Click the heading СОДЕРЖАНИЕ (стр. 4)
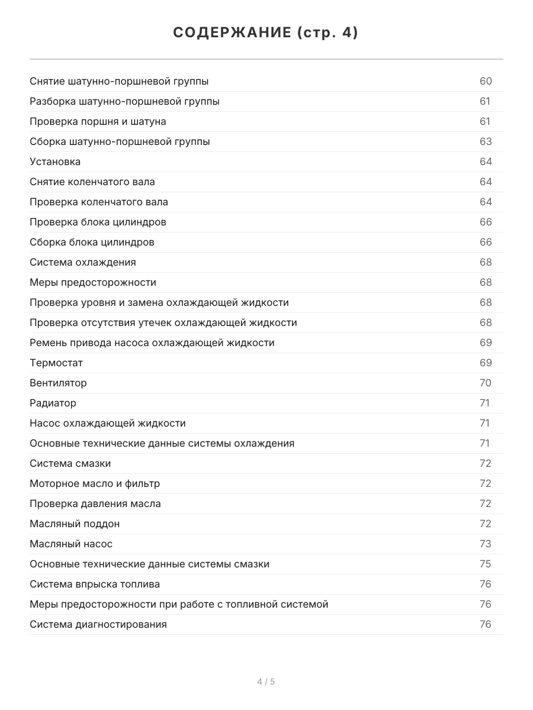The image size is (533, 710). tap(266, 33)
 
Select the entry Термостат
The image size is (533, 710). tap(56, 363)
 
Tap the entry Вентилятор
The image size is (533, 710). tap(58, 383)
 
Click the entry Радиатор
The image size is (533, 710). tap(53, 403)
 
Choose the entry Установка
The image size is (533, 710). tap(55, 162)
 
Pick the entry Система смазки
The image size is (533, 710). tap(70, 463)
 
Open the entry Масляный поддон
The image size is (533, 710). tap(75, 524)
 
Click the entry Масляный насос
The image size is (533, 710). tap(71, 544)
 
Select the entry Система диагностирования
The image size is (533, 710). tap(98, 624)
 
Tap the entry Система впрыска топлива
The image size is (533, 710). tap(95, 584)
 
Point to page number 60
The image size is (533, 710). tap(486, 81)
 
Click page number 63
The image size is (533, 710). tap(486, 141)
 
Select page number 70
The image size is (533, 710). tap(486, 383)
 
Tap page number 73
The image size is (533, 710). tap(486, 544)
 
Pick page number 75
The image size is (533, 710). tap(486, 564)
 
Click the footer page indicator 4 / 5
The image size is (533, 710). tap(266, 682)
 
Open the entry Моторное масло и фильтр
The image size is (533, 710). tap(95, 483)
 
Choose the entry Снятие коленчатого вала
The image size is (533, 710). tap(92, 182)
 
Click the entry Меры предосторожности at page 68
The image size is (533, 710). tap(93, 282)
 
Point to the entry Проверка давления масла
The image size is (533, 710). tap(95, 504)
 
